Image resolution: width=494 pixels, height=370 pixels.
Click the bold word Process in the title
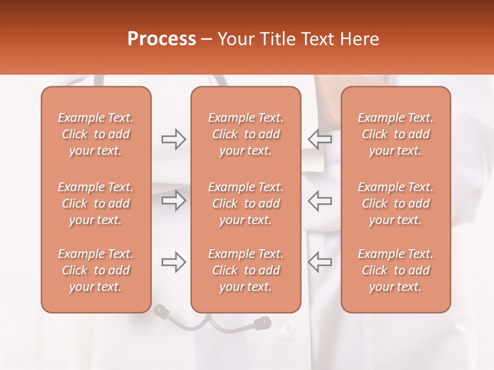coord(162,39)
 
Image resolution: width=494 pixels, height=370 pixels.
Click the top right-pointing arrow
coord(173,139)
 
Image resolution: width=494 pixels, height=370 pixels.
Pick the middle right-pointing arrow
coord(173,200)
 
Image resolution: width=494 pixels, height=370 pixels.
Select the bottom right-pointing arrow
coord(173,262)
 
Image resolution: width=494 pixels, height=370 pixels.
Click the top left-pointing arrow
coord(320,139)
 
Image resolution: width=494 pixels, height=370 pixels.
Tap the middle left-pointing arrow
coord(320,200)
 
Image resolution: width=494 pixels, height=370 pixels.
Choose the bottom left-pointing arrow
coord(320,262)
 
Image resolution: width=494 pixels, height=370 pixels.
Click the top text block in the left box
coord(96,134)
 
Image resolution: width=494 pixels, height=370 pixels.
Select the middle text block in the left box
coord(96,203)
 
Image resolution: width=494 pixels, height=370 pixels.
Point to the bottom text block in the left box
coord(96,270)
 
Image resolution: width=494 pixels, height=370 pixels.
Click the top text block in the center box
coord(246,134)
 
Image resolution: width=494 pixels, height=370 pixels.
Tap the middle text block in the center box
coord(246,203)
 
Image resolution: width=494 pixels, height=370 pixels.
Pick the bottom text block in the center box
coord(246,270)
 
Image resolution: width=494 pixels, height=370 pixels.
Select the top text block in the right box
coord(396,134)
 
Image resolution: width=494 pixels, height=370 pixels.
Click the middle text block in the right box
coord(396,203)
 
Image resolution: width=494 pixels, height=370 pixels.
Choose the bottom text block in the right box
coord(396,270)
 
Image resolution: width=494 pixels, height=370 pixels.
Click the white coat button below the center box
coord(288,325)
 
